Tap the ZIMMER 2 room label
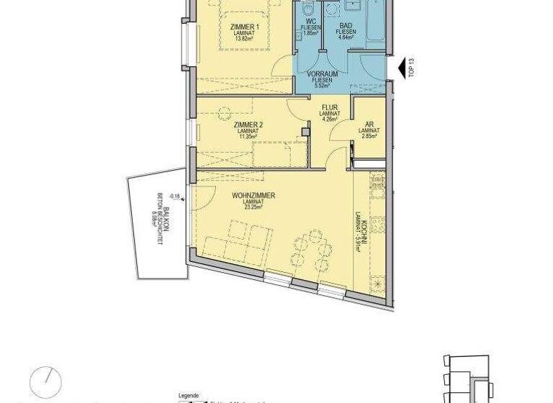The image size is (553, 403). coord(248,124)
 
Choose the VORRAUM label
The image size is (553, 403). coord(322,74)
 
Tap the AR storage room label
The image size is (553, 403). coord(369,124)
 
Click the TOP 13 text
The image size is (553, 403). coord(411,68)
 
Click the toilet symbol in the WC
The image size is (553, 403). coord(307,9)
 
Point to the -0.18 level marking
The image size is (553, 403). coord(174,195)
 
